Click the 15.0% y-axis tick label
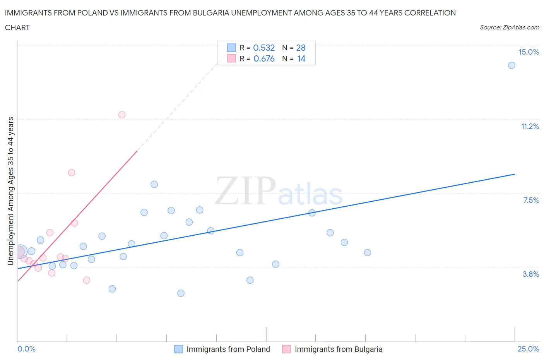tap(529, 52)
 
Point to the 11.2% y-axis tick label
tap(530, 127)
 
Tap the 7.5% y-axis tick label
tap(531, 201)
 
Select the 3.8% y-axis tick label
tap(531, 274)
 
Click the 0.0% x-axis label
tap(27, 349)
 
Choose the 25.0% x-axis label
tap(528, 349)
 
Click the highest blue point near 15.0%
tap(511, 65)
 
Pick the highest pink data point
tap(122, 115)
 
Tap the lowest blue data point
tap(181, 293)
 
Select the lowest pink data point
tap(87, 280)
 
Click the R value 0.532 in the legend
tap(264, 48)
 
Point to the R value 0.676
tap(264, 59)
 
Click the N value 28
tap(301, 48)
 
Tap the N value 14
tap(301, 59)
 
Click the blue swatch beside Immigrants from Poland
tap(178, 349)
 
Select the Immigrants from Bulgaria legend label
tap(339, 349)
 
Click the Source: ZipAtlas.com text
tap(509, 27)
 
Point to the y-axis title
tap(11, 191)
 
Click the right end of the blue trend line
tap(515, 174)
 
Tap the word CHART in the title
tap(17, 27)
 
